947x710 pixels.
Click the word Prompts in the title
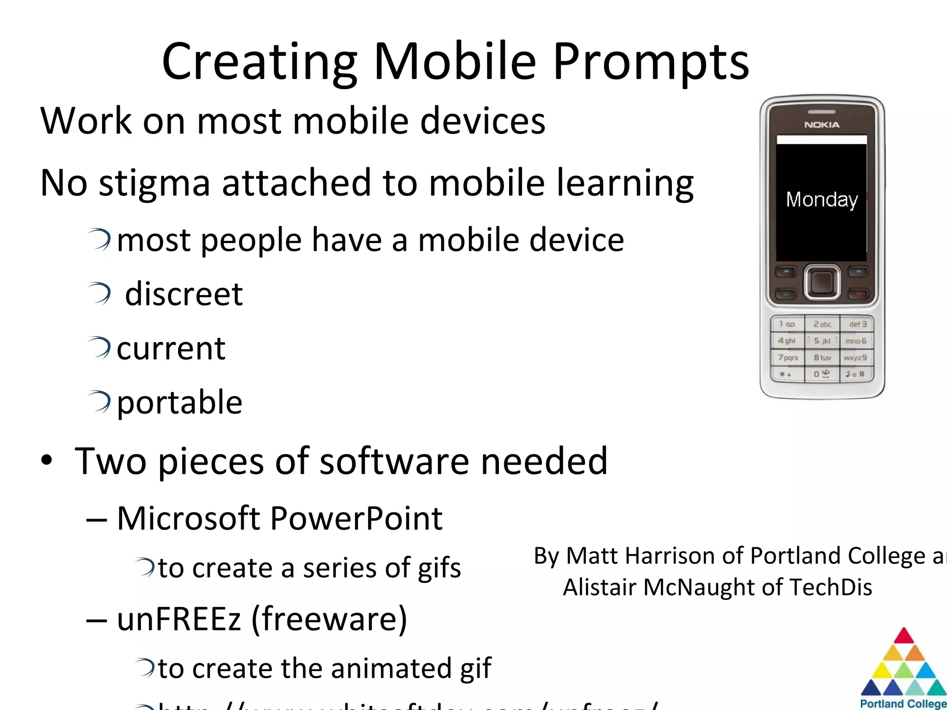pyautogui.click(x=651, y=62)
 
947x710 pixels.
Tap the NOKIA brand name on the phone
pyautogui.click(x=822, y=125)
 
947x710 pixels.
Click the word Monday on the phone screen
pyautogui.click(x=822, y=200)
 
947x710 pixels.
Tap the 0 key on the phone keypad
pyautogui.click(x=822, y=373)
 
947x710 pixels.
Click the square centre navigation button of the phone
pyautogui.click(x=822, y=282)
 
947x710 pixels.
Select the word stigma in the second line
pyautogui.click(x=154, y=183)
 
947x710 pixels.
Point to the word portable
pyautogui.click(x=179, y=402)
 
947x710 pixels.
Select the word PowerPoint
pyautogui.click(x=356, y=518)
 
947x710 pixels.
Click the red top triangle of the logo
pyautogui.click(x=904, y=637)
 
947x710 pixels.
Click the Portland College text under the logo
pyautogui.click(x=903, y=704)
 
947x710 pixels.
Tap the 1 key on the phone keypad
pyautogui.click(x=787, y=324)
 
